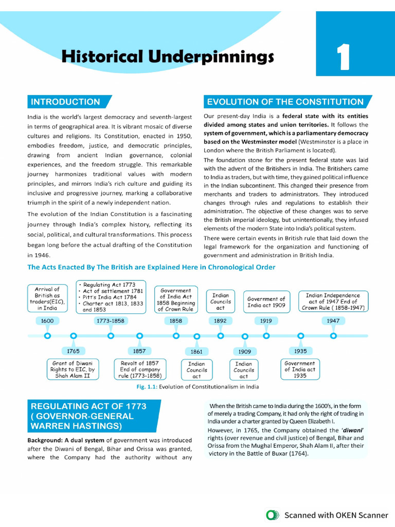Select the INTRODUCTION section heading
tap(65, 102)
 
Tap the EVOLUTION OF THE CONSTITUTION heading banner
tap(285, 102)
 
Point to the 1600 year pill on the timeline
tap(47, 321)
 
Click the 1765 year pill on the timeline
tap(73, 351)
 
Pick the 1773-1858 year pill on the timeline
tap(111, 321)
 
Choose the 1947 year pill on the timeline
tap(333, 321)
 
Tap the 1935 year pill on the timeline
tap(300, 351)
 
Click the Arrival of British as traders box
tap(47, 298)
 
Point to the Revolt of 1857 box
tap(139, 370)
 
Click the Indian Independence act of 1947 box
tap(333, 302)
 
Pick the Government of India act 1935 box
tap(300, 370)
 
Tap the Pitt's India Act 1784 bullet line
tap(111, 296)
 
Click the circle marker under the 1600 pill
tap(47, 336)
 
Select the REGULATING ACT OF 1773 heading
tap(88, 416)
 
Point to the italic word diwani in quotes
tap(351, 429)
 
